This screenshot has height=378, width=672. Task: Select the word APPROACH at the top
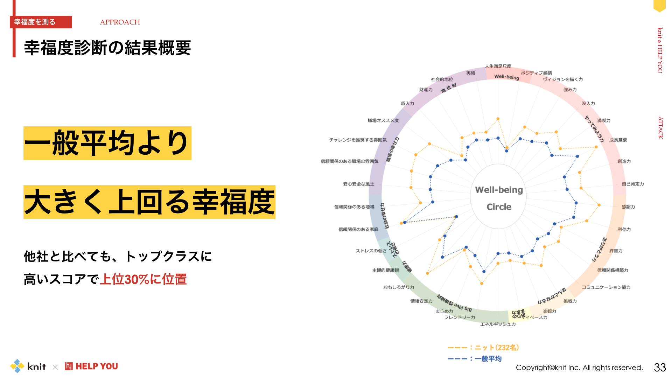coord(120,22)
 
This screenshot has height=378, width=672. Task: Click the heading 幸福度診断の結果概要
coord(107,48)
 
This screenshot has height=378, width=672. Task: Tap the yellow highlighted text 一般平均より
coord(107,143)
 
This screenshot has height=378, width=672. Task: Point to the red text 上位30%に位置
coord(143,279)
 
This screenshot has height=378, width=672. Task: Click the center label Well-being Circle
coord(499,198)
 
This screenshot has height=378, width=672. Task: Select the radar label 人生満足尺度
coord(498,66)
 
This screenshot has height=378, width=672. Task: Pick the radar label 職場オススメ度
coord(383,120)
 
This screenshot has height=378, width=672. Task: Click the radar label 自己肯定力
coord(632,184)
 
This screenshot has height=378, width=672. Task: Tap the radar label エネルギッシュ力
coord(498,324)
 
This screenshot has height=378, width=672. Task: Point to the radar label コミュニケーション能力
coord(606,287)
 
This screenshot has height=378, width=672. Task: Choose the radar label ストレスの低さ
coord(371,251)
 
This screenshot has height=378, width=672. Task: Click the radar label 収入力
coord(407,103)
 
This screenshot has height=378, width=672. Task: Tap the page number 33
coord(660,367)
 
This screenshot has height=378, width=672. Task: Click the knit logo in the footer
coord(28,366)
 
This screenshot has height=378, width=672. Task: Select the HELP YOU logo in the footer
coord(91,366)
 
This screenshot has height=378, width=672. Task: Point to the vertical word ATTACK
coord(660,128)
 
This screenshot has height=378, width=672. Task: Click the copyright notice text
coord(579,367)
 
